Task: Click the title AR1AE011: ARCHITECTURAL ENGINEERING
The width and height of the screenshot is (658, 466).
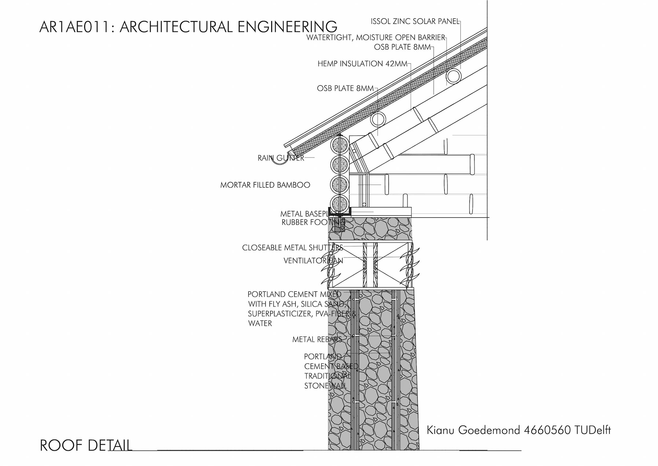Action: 188,27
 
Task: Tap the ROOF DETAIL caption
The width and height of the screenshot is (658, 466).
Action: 86,445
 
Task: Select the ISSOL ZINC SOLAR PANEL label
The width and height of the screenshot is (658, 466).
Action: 415,21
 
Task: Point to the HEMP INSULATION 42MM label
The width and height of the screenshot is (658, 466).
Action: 362,64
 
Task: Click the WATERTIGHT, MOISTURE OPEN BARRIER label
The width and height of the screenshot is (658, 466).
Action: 375,37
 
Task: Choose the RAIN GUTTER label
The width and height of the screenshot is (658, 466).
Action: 281,158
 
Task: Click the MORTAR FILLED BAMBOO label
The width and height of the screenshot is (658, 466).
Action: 265,185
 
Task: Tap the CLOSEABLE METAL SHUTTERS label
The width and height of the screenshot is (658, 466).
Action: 292,248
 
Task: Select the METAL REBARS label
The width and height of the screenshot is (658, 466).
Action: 317,339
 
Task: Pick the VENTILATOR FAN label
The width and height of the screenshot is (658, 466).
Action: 313,261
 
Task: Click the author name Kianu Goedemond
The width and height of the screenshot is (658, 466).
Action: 473,430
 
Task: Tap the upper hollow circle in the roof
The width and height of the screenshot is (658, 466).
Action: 454,76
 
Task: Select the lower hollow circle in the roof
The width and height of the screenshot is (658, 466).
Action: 378,119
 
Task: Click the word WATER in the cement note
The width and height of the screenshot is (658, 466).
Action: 260,323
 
